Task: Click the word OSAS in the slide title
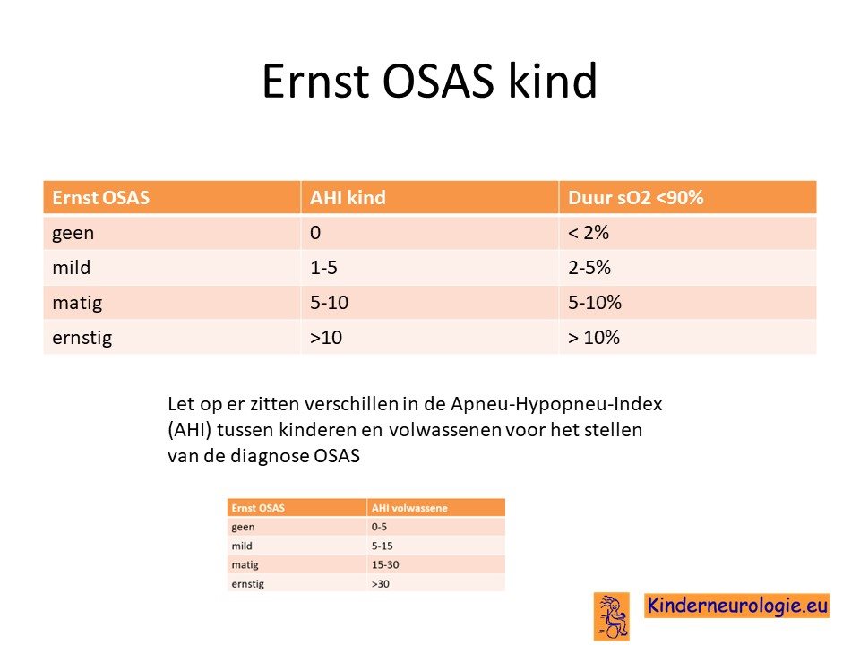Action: pyautogui.click(x=438, y=81)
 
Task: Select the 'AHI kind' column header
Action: pyautogui.click(x=348, y=197)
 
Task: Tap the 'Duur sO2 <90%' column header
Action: pyautogui.click(x=636, y=197)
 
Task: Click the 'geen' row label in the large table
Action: pyautogui.click(x=73, y=234)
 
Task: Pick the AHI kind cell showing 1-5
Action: pyautogui.click(x=323, y=268)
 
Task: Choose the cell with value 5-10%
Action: pyautogui.click(x=595, y=302)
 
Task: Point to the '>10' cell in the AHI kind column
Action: pyautogui.click(x=326, y=338)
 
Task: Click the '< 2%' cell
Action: pyautogui.click(x=589, y=233)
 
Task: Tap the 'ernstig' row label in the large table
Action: pyautogui.click(x=82, y=338)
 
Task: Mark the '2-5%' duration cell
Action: pyautogui.click(x=589, y=268)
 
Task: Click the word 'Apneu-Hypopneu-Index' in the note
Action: pyautogui.click(x=556, y=404)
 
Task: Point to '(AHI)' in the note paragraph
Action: pyautogui.click(x=190, y=429)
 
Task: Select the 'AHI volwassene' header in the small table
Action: pyautogui.click(x=409, y=508)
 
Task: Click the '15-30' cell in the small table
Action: pyautogui.click(x=385, y=564)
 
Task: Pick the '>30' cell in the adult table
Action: pyautogui.click(x=381, y=583)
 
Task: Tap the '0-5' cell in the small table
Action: pyautogui.click(x=379, y=527)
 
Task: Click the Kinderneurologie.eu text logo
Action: pyautogui.click(x=737, y=606)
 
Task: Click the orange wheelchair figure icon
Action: pyautogui.click(x=612, y=616)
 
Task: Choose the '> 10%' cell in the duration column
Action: pyautogui.click(x=593, y=338)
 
